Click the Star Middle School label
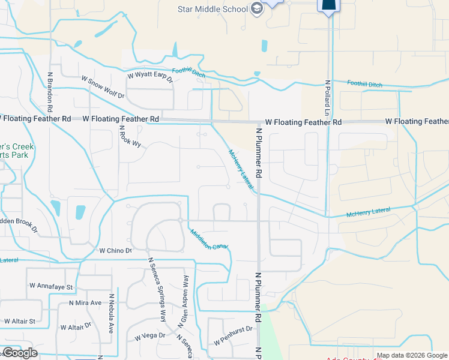point(212,9)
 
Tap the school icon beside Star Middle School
point(257,9)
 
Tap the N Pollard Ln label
point(328,98)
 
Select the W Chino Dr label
point(115,250)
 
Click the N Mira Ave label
point(85,303)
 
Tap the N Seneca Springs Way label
point(157,290)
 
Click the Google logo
point(20,353)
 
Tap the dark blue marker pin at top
point(328,6)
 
